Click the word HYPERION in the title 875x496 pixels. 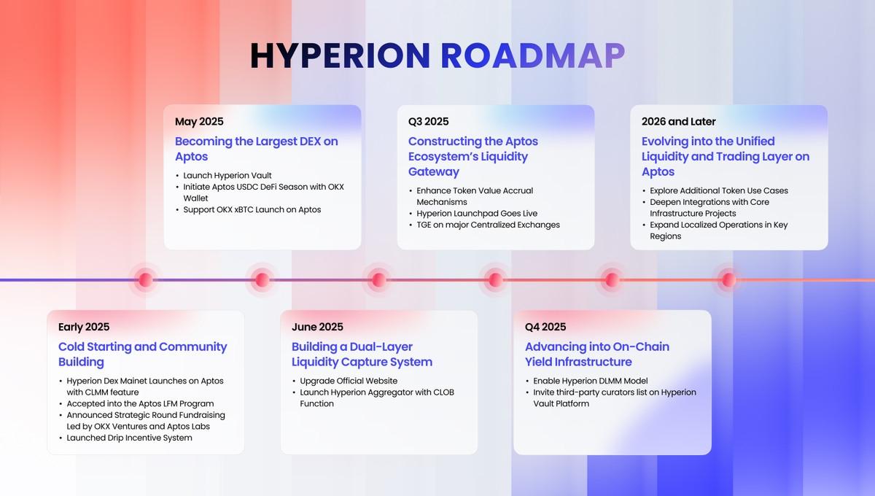(x=341, y=56)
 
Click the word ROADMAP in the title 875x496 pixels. (x=533, y=56)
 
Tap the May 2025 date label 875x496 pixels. (x=199, y=122)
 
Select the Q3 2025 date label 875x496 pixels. (x=429, y=122)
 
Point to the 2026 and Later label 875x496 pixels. (x=679, y=122)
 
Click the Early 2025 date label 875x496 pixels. (x=84, y=327)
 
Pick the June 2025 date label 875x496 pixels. (x=317, y=327)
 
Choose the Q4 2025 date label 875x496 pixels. (x=545, y=327)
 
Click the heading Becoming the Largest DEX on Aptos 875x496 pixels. (x=257, y=149)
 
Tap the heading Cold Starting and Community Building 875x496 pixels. (x=143, y=354)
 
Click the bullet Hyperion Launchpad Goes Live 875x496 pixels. (x=477, y=214)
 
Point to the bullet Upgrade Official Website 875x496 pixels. (x=349, y=381)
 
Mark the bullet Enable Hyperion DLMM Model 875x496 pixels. (x=590, y=381)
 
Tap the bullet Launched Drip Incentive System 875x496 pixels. (x=129, y=438)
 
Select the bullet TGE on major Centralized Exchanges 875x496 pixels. (x=488, y=225)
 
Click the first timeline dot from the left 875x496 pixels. (x=145, y=279)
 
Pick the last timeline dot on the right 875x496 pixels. (x=728, y=279)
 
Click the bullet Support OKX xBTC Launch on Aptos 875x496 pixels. (x=252, y=210)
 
